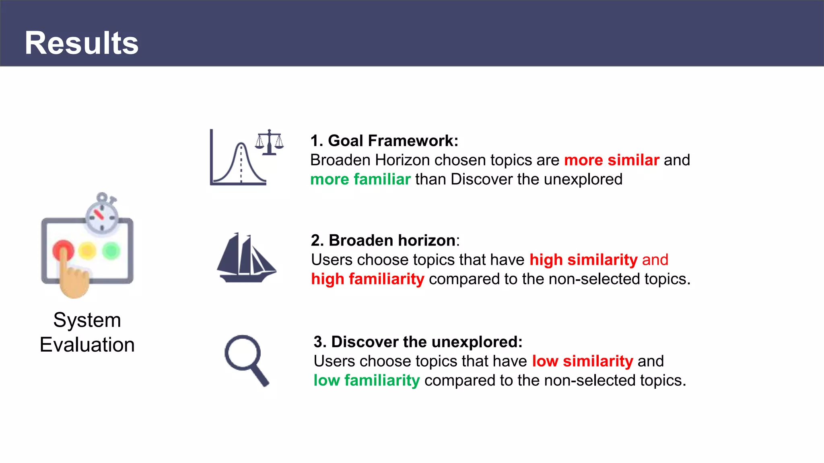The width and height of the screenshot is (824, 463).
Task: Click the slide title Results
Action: point(82,43)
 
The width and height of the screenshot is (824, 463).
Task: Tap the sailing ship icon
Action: point(246,258)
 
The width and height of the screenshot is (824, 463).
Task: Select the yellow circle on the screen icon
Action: point(87,251)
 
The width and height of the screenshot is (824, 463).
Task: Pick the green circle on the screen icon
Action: point(111,251)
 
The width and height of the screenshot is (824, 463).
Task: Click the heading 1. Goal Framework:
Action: point(384,141)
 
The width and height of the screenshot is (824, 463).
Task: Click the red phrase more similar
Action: point(612,160)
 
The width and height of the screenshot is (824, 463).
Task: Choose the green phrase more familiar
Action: point(360,179)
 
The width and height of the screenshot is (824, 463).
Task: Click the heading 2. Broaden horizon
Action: point(384,240)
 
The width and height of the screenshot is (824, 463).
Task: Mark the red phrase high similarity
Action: point(583,260)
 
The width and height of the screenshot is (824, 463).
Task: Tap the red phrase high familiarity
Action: point(368,279)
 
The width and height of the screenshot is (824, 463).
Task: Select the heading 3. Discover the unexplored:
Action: point(418,342)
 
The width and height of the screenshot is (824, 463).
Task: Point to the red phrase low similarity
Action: point(582,361)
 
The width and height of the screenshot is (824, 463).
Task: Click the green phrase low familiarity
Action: point(367,380)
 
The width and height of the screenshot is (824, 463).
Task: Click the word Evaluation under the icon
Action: point(87,345)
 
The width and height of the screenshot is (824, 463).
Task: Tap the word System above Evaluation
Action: point(87,320)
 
